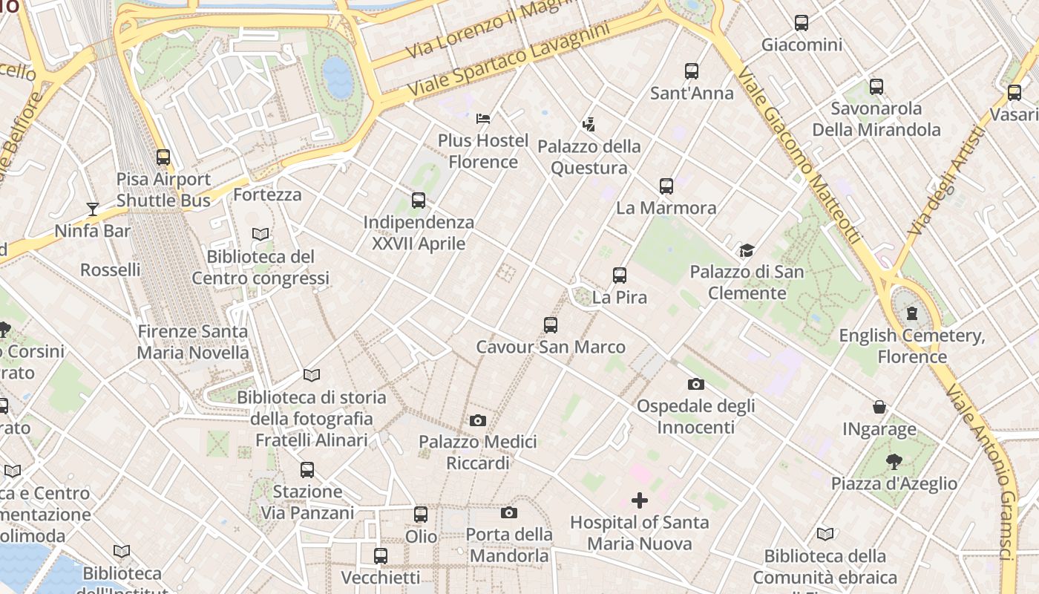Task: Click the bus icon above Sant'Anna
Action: click(692, 71)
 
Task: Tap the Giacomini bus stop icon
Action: click(802, 23)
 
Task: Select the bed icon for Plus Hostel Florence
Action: click(483, 118)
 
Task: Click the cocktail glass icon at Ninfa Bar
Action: click(93, 209)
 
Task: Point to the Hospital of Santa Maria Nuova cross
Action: click(639, 500)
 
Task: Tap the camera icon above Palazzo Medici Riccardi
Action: click(478, 421)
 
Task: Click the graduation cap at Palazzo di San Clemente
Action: click(747, 251)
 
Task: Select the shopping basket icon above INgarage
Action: click(879, 407)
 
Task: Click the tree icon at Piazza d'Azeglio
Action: click(894, 462)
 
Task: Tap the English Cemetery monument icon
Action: click(912, 313)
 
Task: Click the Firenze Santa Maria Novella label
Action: click(193, 342)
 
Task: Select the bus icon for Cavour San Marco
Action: click(550, 325)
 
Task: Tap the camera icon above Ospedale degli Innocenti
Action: click(695, 385)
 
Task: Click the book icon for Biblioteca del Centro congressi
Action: click(260, 235)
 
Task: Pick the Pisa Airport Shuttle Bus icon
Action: click(163, 157)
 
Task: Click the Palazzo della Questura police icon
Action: click(589, 124)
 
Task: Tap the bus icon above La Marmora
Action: click(666, 186)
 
